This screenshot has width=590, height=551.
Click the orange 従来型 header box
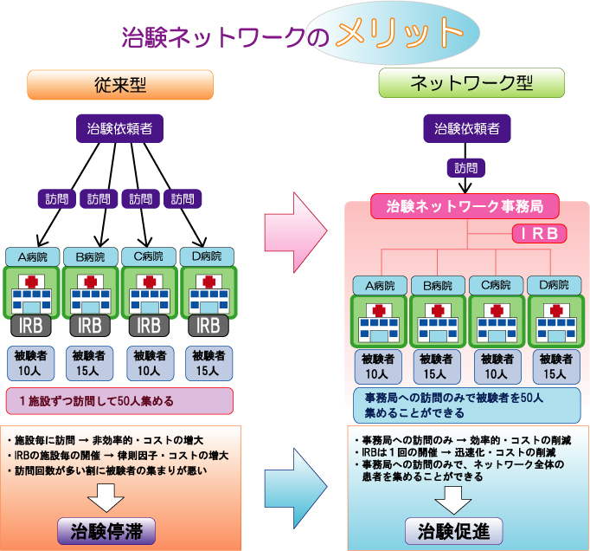tap(120, 84)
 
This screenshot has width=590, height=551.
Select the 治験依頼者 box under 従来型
tap(120, 129)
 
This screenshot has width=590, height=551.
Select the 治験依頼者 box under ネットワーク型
tap(466, 129)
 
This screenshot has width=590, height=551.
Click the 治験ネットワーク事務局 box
tap(465, 207)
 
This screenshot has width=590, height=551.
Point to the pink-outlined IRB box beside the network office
tap(539, 234)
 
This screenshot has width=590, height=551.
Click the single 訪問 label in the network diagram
tap(466, 168)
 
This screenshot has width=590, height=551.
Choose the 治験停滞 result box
tap(105, 530)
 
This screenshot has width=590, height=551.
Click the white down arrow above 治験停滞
tap(106, 497)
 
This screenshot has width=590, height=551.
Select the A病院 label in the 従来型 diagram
tap(30, 256)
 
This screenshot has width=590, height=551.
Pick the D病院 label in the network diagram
tap(555, 284)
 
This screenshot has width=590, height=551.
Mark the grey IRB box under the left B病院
tap(90, 326)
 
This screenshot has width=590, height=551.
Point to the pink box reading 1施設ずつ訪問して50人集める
tap(119, 400)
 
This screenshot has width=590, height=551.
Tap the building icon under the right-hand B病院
tap(437, 321)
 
